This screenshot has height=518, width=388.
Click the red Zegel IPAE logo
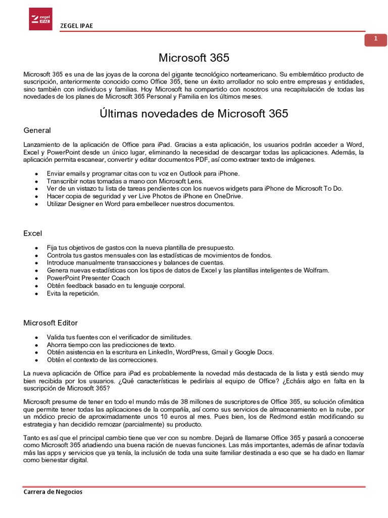click(40, 19)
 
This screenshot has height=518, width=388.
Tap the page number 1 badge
click(375, 40)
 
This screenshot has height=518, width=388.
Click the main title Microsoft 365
click(194, 57)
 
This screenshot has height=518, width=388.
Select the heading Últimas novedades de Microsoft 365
click(194, 113)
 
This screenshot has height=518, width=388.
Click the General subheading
click(37, 131)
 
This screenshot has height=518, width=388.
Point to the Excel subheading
click(33, 233)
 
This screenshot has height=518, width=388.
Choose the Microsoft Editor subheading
click(51, 323)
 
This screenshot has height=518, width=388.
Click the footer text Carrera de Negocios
click(53, 492)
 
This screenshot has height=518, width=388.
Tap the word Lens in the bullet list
click(194, 181)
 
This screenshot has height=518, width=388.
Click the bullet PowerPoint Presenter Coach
click(88, 278)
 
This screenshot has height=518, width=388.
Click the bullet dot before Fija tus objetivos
click(36, 248)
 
